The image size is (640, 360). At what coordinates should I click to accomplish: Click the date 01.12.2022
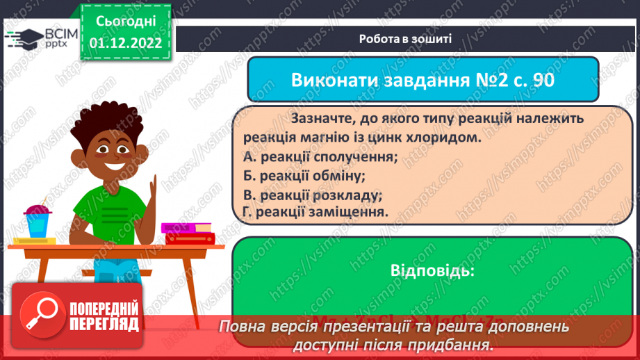[x=125, y=42]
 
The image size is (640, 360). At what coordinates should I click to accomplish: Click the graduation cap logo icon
[x=23, y=37]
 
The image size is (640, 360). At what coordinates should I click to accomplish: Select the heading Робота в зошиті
[x=407, y=39]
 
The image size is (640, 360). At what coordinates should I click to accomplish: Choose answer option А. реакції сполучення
[x=320, y=157]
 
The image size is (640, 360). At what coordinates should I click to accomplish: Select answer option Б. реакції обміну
[x=304, y=176]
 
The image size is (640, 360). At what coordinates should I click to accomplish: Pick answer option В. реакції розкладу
[x=313, y=195]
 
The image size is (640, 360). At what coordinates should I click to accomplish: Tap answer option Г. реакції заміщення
[x=315, y=212]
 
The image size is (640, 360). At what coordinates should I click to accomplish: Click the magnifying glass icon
[x=42, y=318]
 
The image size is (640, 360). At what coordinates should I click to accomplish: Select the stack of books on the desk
[x=188, y=233]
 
